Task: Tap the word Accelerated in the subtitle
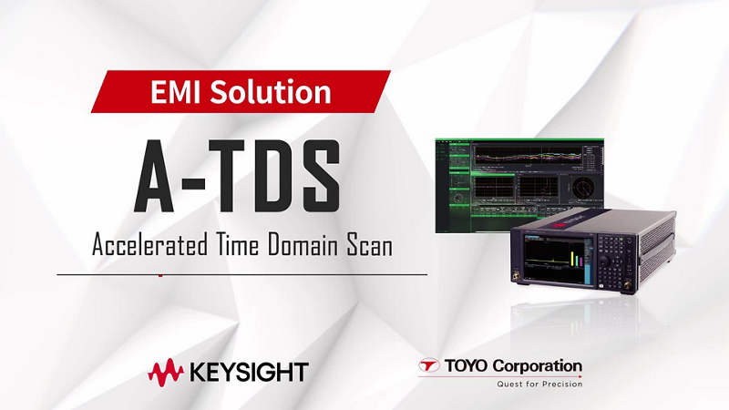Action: (146, 245)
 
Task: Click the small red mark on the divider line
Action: (160, 274)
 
